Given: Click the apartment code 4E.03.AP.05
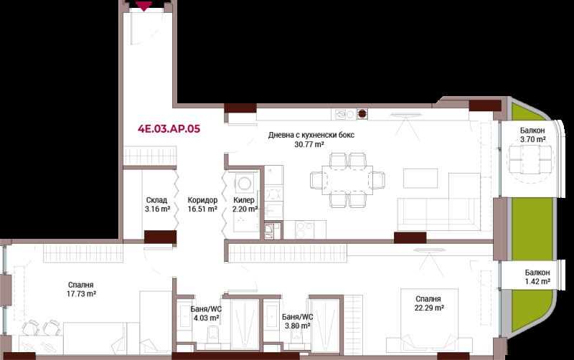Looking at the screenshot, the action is (x=169, y=129).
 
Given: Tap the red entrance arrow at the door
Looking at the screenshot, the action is (x=144, y=6).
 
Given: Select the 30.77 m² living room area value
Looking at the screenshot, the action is (x=309, y=144).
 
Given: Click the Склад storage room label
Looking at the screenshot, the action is (x=156, y=200).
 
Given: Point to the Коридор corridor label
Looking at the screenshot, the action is (x=202, y=200).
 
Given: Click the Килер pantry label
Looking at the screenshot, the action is (x=244, y=200).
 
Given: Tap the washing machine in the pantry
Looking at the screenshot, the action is (x=244, y=182).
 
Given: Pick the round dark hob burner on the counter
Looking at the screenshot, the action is (x=362, y=114).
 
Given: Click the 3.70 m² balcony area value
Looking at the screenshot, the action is (x=533, y=139).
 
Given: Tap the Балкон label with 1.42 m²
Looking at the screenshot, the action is (x=537, y=273).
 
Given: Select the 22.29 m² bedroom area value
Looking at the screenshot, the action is (x=429, y=308).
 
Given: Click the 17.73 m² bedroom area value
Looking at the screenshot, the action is (x=81, y=293).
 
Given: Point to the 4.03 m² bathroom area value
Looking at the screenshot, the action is (x=206, y=318).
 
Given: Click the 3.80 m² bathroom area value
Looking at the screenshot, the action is (x=298, y=326).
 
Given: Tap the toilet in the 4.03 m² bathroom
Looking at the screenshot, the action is (x=212, y=336).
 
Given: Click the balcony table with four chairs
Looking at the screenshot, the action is (x=530, y=160).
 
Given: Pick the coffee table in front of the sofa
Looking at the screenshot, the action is (x=420, y=178).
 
